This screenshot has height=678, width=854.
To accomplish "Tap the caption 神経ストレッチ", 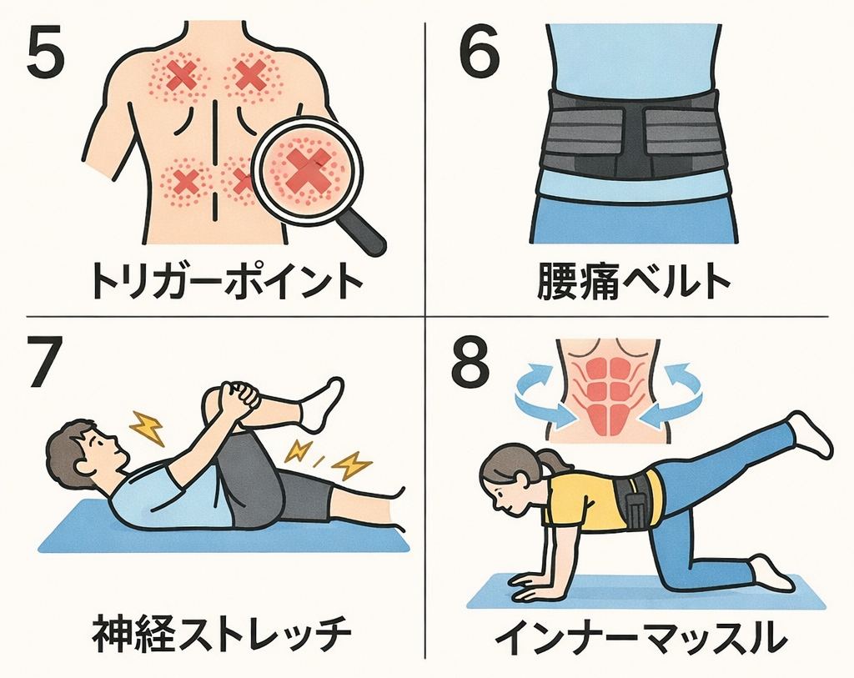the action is [x=221, y=634].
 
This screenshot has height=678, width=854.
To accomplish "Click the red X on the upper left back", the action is [x=180, y=76].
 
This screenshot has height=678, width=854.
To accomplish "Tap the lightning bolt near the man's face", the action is [x=148, y=429].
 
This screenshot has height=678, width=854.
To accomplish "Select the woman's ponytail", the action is [x=549, y=464].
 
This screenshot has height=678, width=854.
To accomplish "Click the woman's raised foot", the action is [x=811, y=433].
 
